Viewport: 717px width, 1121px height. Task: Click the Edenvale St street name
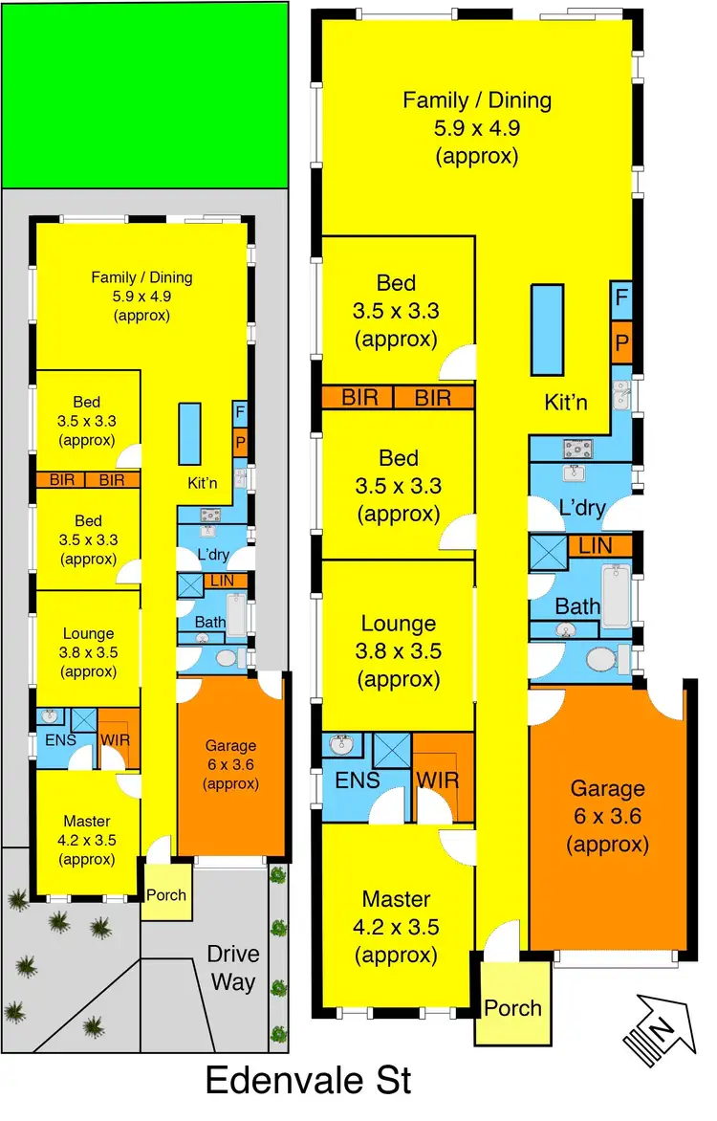coord(309,1080)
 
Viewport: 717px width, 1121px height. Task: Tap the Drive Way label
coord(233,968)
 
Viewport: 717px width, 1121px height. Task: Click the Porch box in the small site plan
coord(165,895)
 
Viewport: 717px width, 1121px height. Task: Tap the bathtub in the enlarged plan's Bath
coord(615,596)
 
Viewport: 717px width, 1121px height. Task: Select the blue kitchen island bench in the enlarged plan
coord(548,329)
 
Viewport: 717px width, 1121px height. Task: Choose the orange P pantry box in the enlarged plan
coord(621,341)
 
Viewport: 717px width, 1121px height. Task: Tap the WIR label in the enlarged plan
coord(438,779)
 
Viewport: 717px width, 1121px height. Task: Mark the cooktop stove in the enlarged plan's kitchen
coord(579,447)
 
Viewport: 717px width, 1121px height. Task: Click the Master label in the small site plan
coord(86,821)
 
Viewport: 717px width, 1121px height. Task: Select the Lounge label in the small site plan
coord(88,633)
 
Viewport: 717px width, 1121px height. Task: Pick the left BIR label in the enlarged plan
coord(359,397)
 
